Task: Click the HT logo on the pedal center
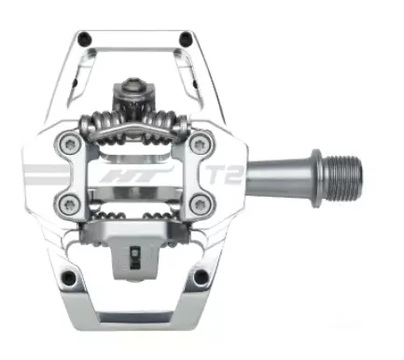click(136, 175)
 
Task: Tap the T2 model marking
click(224, 174)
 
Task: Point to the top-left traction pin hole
click(84, 39)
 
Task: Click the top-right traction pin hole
click(186, 38)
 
